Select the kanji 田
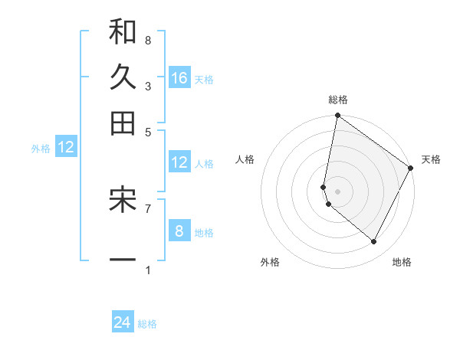(x=123, y=122)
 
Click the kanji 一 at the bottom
(x=123, y=260)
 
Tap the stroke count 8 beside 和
(x=147, y=40)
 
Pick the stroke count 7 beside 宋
(x=147, y=208)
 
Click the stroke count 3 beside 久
(x=147, y=86)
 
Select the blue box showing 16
(x=179, y=77)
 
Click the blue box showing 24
(x=123, y=322)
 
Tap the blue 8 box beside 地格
(x=179, y=231)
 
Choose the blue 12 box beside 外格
(x=66, y=147)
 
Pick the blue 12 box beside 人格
(x=179, y=162)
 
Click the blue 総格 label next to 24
(x=147, y=324)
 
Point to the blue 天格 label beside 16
(x=204, y=79)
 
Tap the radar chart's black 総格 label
(x=338, y=100)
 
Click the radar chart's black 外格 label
(x=270, y=262)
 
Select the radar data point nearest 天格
(x=411, y=169)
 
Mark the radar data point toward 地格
(x=374, y=242)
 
